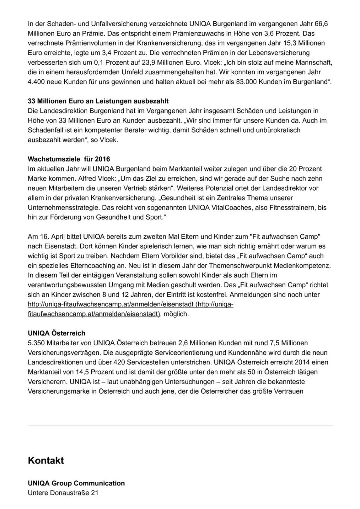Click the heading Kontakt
[46, 461]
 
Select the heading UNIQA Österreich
[57, 333]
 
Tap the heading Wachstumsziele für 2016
[69, 159]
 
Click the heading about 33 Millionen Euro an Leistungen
[98, 101]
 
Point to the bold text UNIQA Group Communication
[76, 483]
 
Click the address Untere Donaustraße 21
[63, 492]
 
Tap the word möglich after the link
[176, 314]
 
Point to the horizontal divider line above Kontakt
[180, 425]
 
